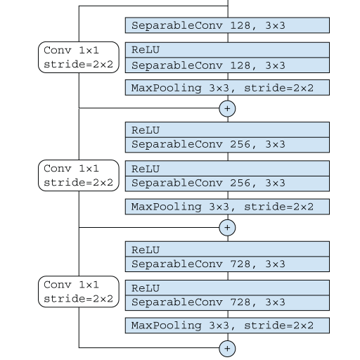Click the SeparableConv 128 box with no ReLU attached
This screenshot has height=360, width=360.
pyautogui.click(x=227, y=25)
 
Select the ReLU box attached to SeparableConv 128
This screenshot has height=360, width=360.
pyautogui.click(x=227, y=50)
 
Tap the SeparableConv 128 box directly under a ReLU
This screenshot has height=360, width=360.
pyautogui.click(x=227, y=65)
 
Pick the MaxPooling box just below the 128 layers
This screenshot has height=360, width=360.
pyautogui.click(x=227, y=88)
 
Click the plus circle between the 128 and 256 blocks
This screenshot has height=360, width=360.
pyautogui.click(x=227, y=108)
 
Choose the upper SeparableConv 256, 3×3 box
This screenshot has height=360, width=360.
pyautogui.click(x=227, y=145)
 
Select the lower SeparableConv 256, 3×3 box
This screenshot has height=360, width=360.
pyautogui.click(x=227, y=184)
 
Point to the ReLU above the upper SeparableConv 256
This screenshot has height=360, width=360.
pyautogui.click(x=227, y=129)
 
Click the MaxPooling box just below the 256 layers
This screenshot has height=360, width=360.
pyautogui.click(x=227, y=207)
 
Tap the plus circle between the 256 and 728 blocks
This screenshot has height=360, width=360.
pyautogui.click(x=227, y=228)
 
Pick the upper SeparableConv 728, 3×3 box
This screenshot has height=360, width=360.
pyautogui.click(x=227, y=264)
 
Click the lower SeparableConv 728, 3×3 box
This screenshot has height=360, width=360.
pyautogui.click(x=227, y=303)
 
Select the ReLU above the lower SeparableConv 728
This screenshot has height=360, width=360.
pyautogui.click(x=227, y=288)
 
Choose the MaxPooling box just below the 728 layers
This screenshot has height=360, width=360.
pyautogui.click(x=227, y=326)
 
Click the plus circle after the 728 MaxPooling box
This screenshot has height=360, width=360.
pyautogui.click(x=227, y=349)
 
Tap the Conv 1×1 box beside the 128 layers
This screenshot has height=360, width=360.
pyautogui.click(x=79, y=58)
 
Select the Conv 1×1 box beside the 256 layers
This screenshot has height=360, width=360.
pyautogui.click(x=79, y=176)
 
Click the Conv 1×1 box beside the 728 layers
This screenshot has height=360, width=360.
pyautogui.click(x=79, y=292)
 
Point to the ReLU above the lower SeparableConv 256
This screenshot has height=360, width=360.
pyautogui.click(x=227, y=168)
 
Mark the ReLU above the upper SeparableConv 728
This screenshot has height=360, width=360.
pyautogui.click(x=227, y=249)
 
